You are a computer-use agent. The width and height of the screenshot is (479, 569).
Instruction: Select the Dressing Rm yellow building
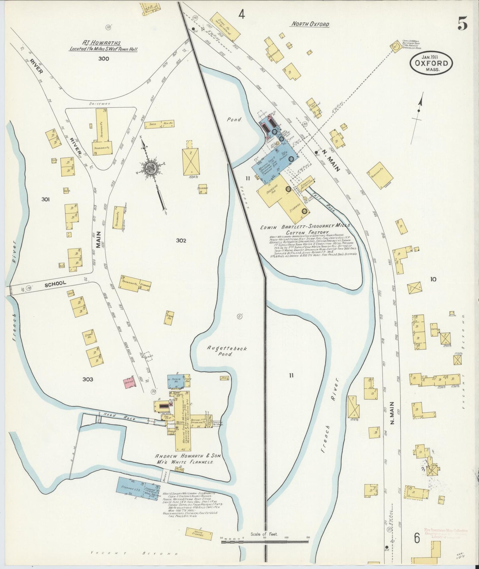[x=272, y=193]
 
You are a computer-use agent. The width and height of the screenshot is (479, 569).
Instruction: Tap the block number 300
[x=103, y=59]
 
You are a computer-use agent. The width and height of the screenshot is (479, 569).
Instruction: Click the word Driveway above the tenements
[x=99, y=104]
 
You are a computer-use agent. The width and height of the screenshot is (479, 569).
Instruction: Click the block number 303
[x=88, y=379]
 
